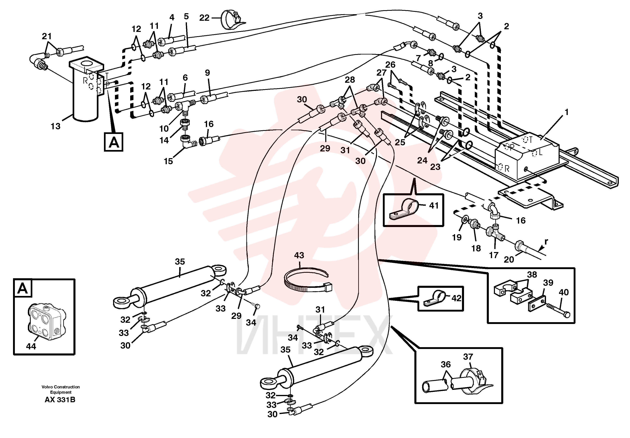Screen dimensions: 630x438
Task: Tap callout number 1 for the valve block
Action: (566, 112)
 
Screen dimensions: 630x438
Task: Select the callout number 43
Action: (299, 255)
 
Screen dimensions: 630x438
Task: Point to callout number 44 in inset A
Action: (31, 347)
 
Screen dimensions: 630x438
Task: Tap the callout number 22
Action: (204, 18)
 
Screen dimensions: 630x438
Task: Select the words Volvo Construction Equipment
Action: (61, 389)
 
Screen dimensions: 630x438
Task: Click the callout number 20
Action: (509, 260)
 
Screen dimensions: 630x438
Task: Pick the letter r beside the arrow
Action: (546, 242)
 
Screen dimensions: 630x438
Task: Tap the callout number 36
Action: (446, 365)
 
